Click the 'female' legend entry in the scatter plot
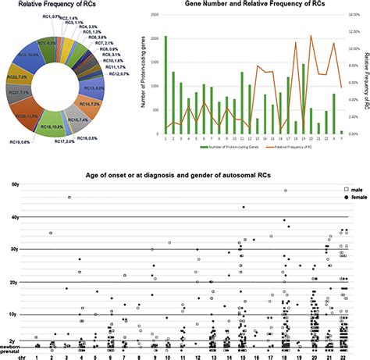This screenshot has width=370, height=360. click(x=354, y=198)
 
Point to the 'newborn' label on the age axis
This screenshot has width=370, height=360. click(x=9, y=345)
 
